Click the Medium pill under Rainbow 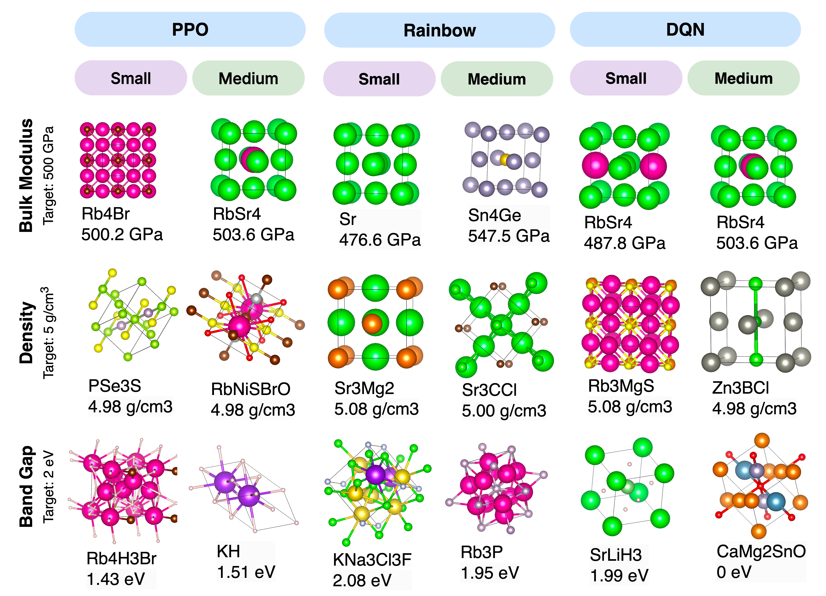pos(497,79)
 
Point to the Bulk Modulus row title pos(26,175)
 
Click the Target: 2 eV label pos(48,486)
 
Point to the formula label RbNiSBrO pos(251,389)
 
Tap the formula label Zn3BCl pos(740,388)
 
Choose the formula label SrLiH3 pos(616,555)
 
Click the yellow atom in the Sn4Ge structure pos(504,159)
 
